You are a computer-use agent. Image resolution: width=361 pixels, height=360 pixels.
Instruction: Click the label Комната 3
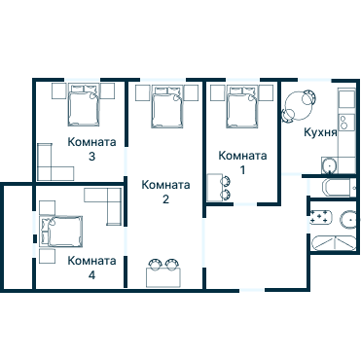tap(91, 149)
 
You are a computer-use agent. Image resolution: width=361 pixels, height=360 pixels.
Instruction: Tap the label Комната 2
tap(165, 192)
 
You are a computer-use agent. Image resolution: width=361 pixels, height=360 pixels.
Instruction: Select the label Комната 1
tap(242, 162)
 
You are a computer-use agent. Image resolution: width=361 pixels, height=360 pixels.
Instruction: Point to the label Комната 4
tap(91, 268)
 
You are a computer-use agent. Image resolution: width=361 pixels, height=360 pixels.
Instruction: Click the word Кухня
tap(320, 132)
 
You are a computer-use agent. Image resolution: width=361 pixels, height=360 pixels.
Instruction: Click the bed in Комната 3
tap(84, 105)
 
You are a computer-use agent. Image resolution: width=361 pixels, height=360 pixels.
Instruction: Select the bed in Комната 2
tap(167, 107)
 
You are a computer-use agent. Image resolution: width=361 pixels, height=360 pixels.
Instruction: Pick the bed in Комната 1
tap(242, 107)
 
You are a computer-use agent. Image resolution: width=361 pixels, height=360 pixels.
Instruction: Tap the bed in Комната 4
tap(60, 231)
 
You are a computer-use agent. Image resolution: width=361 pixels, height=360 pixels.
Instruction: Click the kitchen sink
tap(330, 166)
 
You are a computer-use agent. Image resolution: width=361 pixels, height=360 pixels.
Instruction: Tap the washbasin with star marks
tap(320, 217)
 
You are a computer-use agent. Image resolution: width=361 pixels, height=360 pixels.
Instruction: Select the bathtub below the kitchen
tap(339, 188)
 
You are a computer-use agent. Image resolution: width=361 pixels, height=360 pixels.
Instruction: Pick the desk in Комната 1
tap(214, 188)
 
